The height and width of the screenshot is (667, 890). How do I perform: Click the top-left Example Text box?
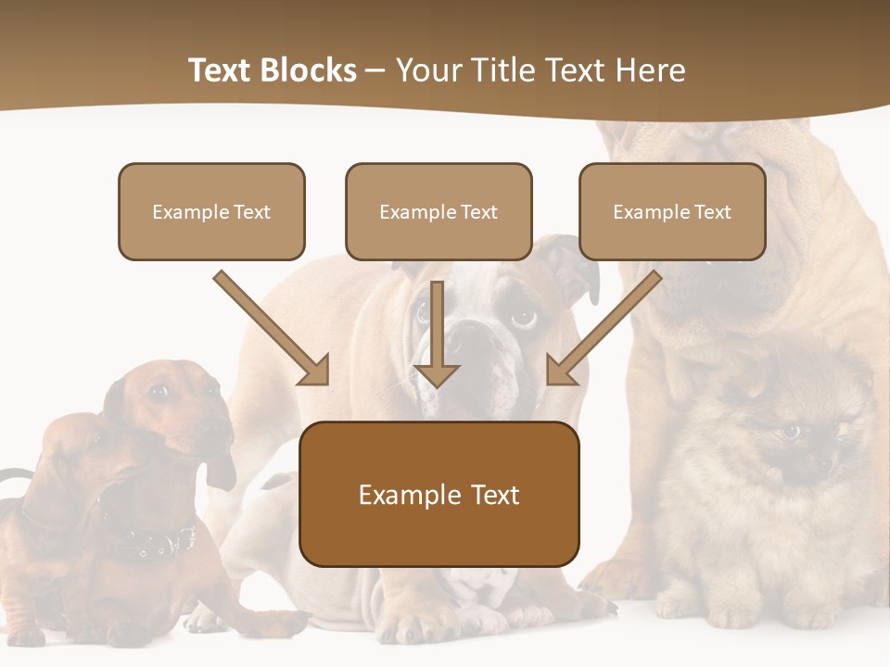pos(211,211)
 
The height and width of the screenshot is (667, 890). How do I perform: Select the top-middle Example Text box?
pos(439,211)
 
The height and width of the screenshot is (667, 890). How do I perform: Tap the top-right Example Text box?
pos(672,211)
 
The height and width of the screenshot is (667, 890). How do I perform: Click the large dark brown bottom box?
pos(439,495)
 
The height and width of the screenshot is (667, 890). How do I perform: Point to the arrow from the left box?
pos(271,327)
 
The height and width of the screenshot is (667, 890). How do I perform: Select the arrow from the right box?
pos(604,327)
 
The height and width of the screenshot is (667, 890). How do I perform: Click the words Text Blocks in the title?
pos(272,70)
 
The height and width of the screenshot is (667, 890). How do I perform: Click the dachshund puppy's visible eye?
pos(159,392)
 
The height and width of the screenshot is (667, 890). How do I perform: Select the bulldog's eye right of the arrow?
pos(523,318)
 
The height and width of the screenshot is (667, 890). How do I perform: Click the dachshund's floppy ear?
pos(221,468)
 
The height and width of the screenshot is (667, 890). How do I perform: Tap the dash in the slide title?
pos(375,70)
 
